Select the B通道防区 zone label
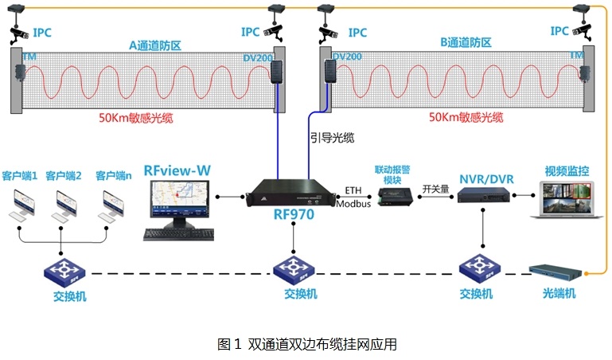coord(466,42)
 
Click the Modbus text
coord(354,204)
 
